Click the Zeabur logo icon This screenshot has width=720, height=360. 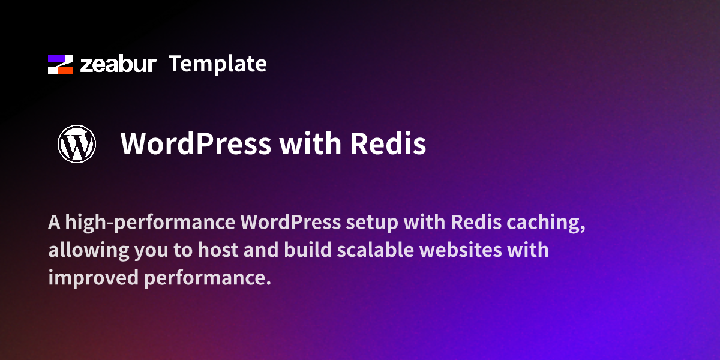(61, 64)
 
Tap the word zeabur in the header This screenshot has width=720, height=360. (118, 64)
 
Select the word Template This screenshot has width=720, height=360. (217, 64)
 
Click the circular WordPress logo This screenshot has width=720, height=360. (77, 144)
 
